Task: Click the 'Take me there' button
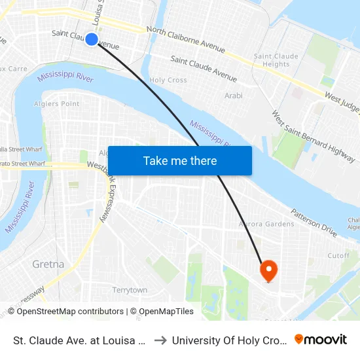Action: coord(179,161)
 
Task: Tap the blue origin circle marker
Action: coord(92,39)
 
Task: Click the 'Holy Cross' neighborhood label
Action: coord(168,81)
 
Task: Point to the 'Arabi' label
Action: coord(233,96)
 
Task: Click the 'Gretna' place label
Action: coord(48,264)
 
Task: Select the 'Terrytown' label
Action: coord(130,290)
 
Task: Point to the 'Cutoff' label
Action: coord(338,256)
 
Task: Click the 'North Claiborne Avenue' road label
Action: coord(186,39)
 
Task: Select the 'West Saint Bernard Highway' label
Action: coord(314,137)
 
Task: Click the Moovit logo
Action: coord(321,339)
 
